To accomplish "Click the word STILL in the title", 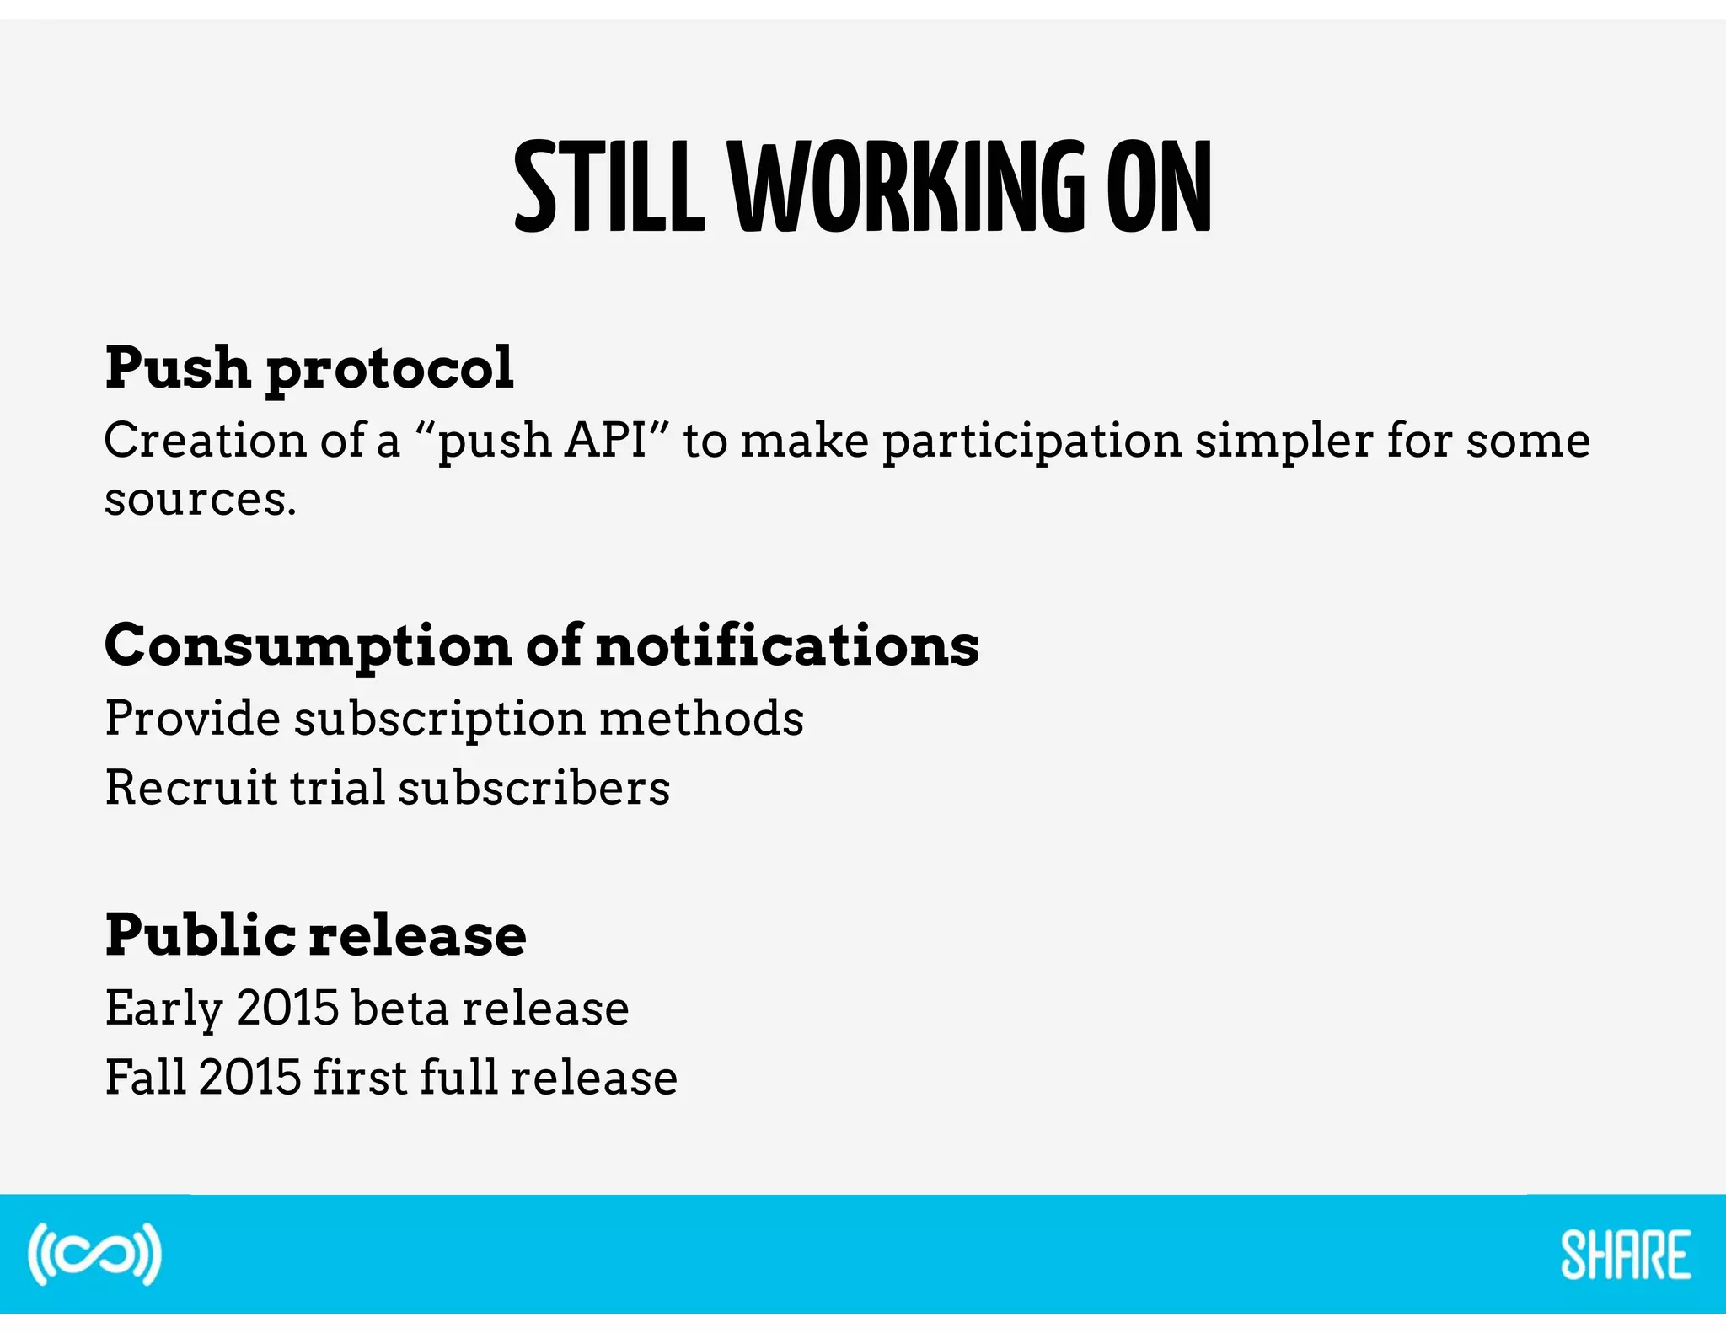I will (608, 187).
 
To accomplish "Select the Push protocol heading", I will (308, 369).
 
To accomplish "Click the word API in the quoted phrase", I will (605, 440).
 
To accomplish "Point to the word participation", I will (1032, 442).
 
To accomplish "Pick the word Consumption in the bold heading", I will (308, 647).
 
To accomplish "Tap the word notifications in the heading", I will (787, 645).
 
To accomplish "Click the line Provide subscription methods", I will (454, 719).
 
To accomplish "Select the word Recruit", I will (190, 788).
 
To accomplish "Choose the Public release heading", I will (315, 935).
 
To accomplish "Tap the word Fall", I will (145, 1077).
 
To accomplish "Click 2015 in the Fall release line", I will (249, 1077).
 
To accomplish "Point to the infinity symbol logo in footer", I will (94, 1254).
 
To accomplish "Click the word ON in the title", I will (1159, 187).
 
